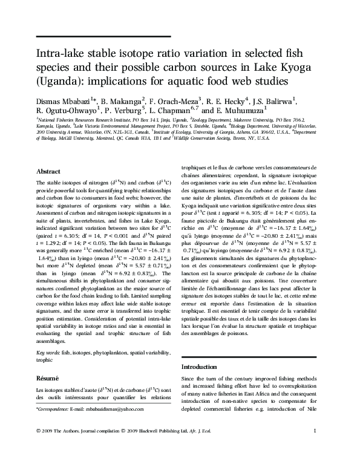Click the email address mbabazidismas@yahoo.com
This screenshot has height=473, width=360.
115,409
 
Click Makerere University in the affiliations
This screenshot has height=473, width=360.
245,120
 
